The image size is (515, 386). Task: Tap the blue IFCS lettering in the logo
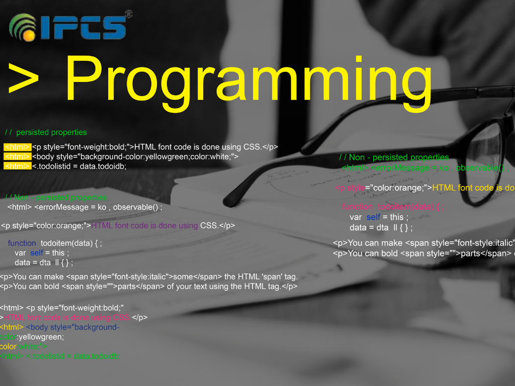[83, 28]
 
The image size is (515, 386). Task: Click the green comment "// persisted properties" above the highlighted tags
[46, 132]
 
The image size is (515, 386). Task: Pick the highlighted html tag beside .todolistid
[17, 166]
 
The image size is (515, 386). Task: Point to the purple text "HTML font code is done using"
[145, 225]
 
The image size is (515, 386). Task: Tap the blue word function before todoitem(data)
[22, 243]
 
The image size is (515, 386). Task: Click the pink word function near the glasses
[357, 207]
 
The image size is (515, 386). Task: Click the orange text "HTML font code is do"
[473, 188]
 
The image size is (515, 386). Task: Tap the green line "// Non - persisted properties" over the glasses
[394, 157]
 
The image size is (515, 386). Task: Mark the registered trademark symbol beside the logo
[128, 14]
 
